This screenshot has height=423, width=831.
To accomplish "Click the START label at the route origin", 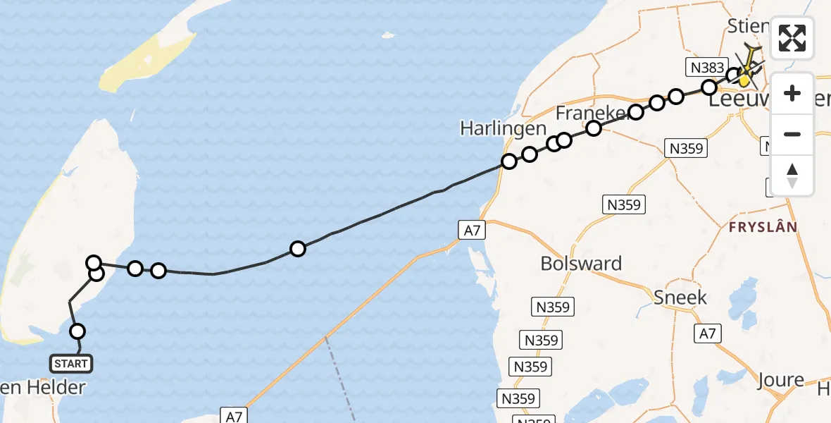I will pos(71,364).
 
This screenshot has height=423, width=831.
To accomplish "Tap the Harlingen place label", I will pos(503,128).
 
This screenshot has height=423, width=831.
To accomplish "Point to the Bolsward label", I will pos(581,264).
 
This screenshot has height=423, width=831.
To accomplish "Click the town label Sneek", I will pos(680,297).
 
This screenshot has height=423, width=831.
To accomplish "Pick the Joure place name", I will pos(781,381).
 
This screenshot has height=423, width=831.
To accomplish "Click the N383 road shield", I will pos(705,68).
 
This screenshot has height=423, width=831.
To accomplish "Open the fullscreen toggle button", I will pos(792,38).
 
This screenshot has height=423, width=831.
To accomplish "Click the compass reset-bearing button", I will pos(792,174).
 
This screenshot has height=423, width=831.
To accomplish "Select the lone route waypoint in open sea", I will pos(298,249).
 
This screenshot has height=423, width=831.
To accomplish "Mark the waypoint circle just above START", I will pos(77,331).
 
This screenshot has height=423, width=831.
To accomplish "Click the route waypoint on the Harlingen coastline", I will pos(508,161).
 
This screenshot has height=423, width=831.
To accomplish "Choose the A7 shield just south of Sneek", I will pos(707,333).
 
